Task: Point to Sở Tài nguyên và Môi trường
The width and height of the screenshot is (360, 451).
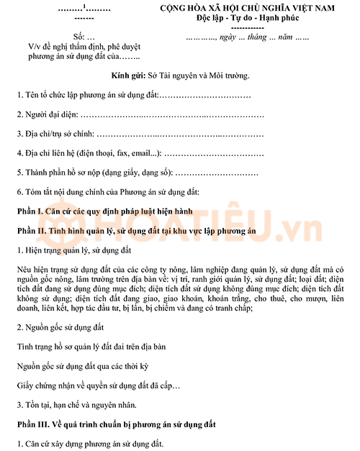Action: point(197,75)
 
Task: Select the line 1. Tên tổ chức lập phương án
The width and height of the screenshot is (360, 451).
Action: point(133,94)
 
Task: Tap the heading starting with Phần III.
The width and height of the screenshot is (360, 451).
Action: point(120,424)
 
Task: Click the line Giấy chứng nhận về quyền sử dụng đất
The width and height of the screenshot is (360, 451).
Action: point(98,386)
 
